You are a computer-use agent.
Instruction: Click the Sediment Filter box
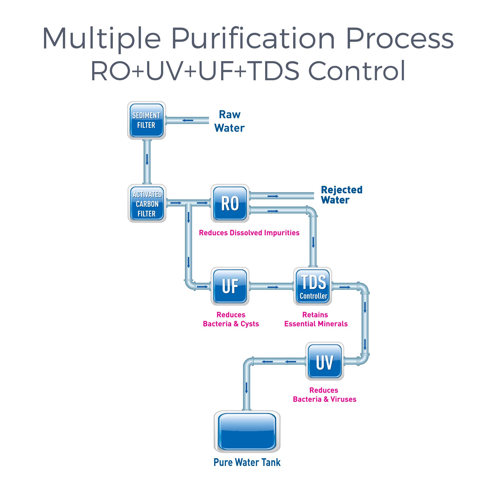[146, 120]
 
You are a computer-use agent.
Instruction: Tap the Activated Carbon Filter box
[147, 204]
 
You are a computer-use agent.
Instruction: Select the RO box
[230, 204]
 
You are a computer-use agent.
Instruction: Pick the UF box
[230, 286]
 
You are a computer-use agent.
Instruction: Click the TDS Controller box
[313, 286]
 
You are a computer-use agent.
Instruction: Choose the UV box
[325, 361]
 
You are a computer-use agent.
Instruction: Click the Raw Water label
[229, 121]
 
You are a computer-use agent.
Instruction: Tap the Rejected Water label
[341, 195]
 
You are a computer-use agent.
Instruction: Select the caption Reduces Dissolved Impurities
[249, 233]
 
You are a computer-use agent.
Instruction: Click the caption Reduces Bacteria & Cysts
[231, 319]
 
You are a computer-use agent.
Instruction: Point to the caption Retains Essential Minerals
[316, 319]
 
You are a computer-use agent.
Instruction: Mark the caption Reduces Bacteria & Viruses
[324, 395]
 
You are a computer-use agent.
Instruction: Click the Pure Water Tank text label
[247, 462]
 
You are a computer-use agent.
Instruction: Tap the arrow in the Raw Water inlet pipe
[188, 120]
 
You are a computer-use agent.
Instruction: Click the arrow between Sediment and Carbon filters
[147, 160]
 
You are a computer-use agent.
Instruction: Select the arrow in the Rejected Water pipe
[273, 196]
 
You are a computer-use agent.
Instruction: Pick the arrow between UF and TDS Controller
[273, 287]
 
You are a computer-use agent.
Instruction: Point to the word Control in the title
[357, 71]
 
